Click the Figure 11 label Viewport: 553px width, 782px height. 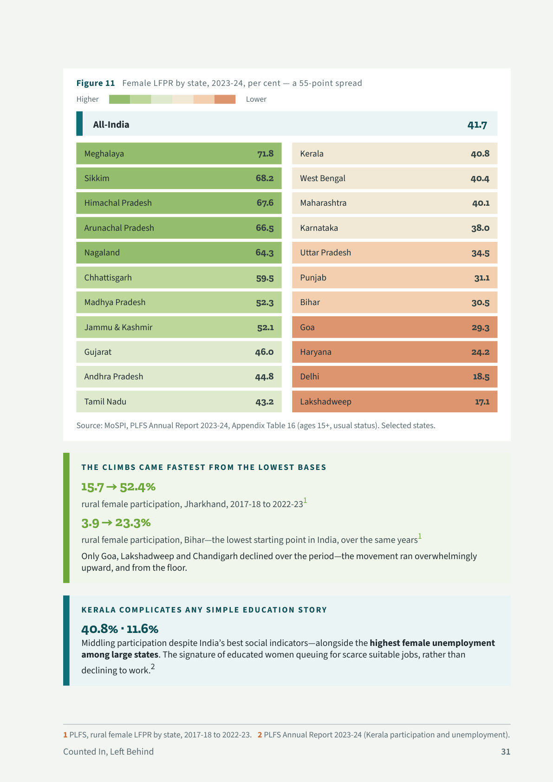tap(95, 83)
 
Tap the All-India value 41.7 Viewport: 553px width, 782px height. tap(477, 124)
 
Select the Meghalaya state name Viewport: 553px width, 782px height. tap(104, 154)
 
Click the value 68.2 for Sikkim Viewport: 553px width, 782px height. tap(265, 178)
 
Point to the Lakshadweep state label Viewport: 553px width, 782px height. tap(326, 402)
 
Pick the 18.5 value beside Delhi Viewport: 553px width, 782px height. tap(481, 376)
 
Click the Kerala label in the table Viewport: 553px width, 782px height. tap(312, 154)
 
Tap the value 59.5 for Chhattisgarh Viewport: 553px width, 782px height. tap(265, 278)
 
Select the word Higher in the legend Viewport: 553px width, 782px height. tap(88, 99)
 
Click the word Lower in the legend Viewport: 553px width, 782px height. tap(256, 99)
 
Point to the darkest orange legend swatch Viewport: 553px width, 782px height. tap(225, 99)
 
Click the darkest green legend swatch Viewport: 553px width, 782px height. tap(119, 99)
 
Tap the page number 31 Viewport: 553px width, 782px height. tap(506, 751)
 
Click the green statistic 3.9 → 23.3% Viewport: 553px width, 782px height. tap(116, 523)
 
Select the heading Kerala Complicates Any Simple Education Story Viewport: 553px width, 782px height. tap(204, 610)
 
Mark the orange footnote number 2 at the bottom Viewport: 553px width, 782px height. tap(260, 735)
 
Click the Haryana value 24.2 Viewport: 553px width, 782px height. tap(481, 352)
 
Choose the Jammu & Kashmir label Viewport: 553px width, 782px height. tap(118, 327)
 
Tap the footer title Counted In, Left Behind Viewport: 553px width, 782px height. tap(108, 751)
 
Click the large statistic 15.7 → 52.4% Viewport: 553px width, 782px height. tap(118, 487)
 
